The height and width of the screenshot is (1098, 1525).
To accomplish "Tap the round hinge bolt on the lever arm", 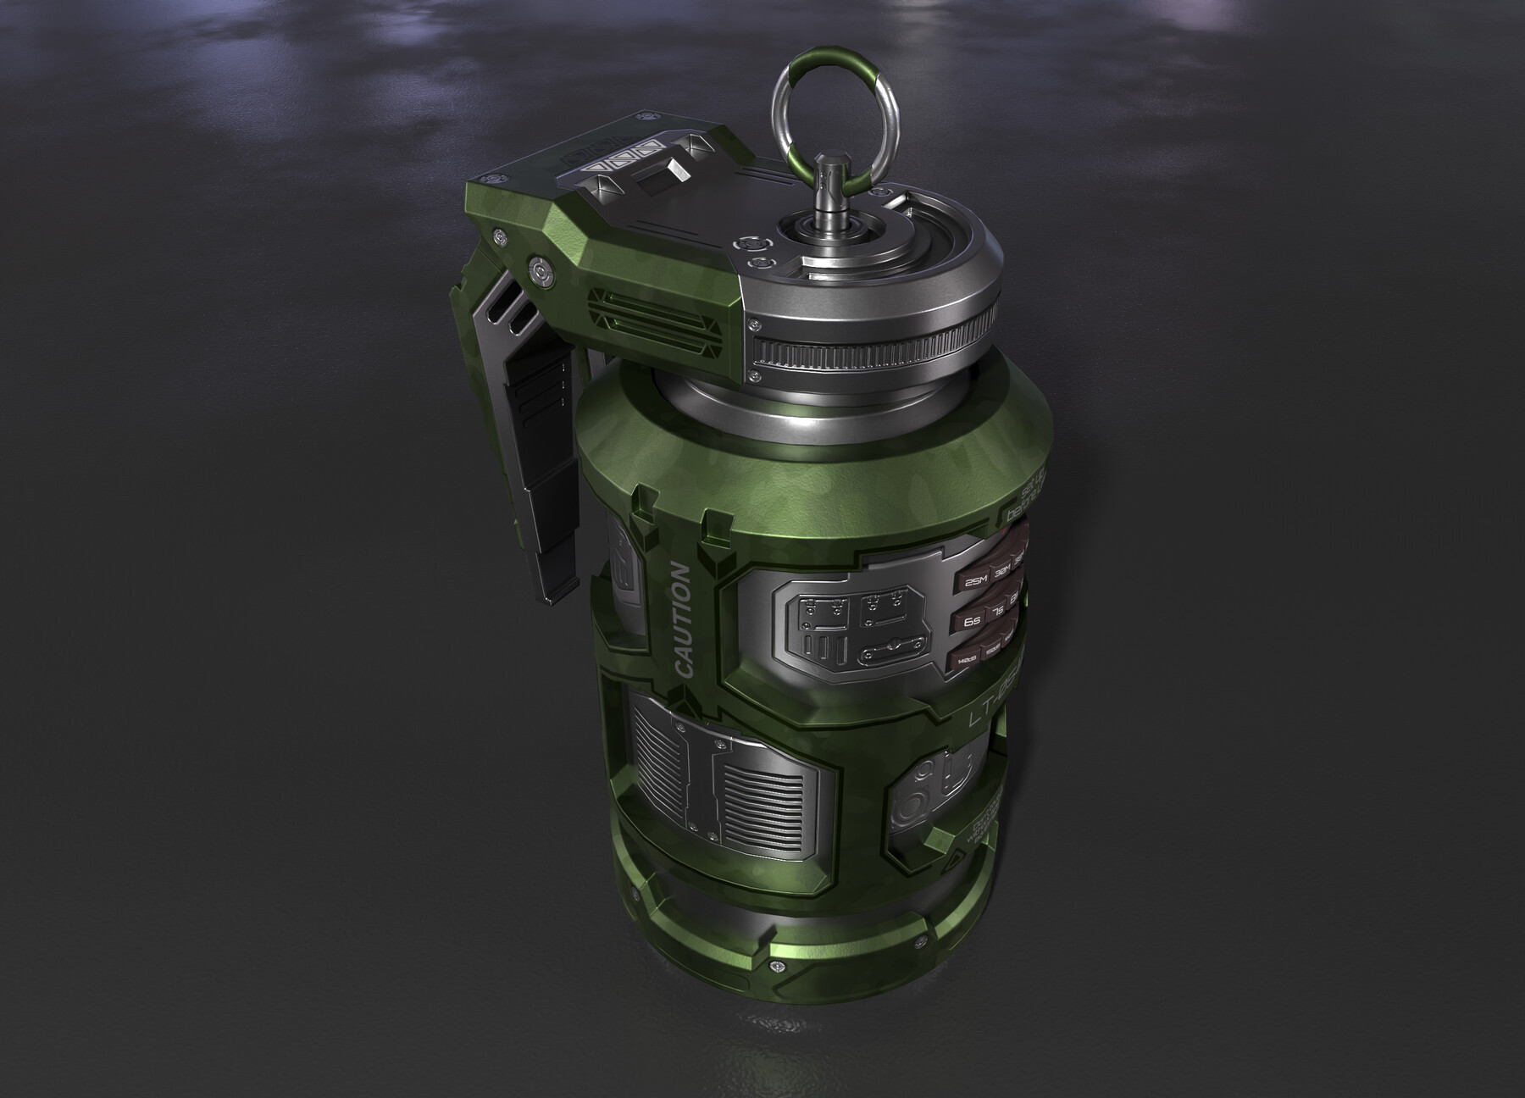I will (539, 272).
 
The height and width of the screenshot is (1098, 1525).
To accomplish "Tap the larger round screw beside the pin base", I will (751, 243).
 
